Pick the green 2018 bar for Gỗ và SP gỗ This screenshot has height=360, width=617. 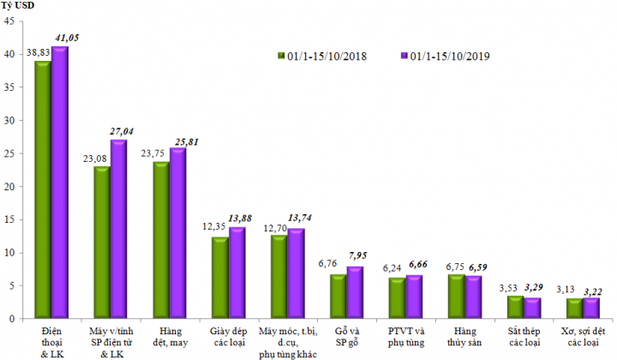tap(338, 297)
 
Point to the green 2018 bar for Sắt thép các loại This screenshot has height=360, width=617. tap(514, 307)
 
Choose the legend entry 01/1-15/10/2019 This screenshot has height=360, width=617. tap(450, 57)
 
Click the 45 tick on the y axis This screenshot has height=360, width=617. tap(9, 21)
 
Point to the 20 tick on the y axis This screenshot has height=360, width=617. tap(9, 187)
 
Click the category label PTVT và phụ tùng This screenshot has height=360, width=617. tap(405, 336)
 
